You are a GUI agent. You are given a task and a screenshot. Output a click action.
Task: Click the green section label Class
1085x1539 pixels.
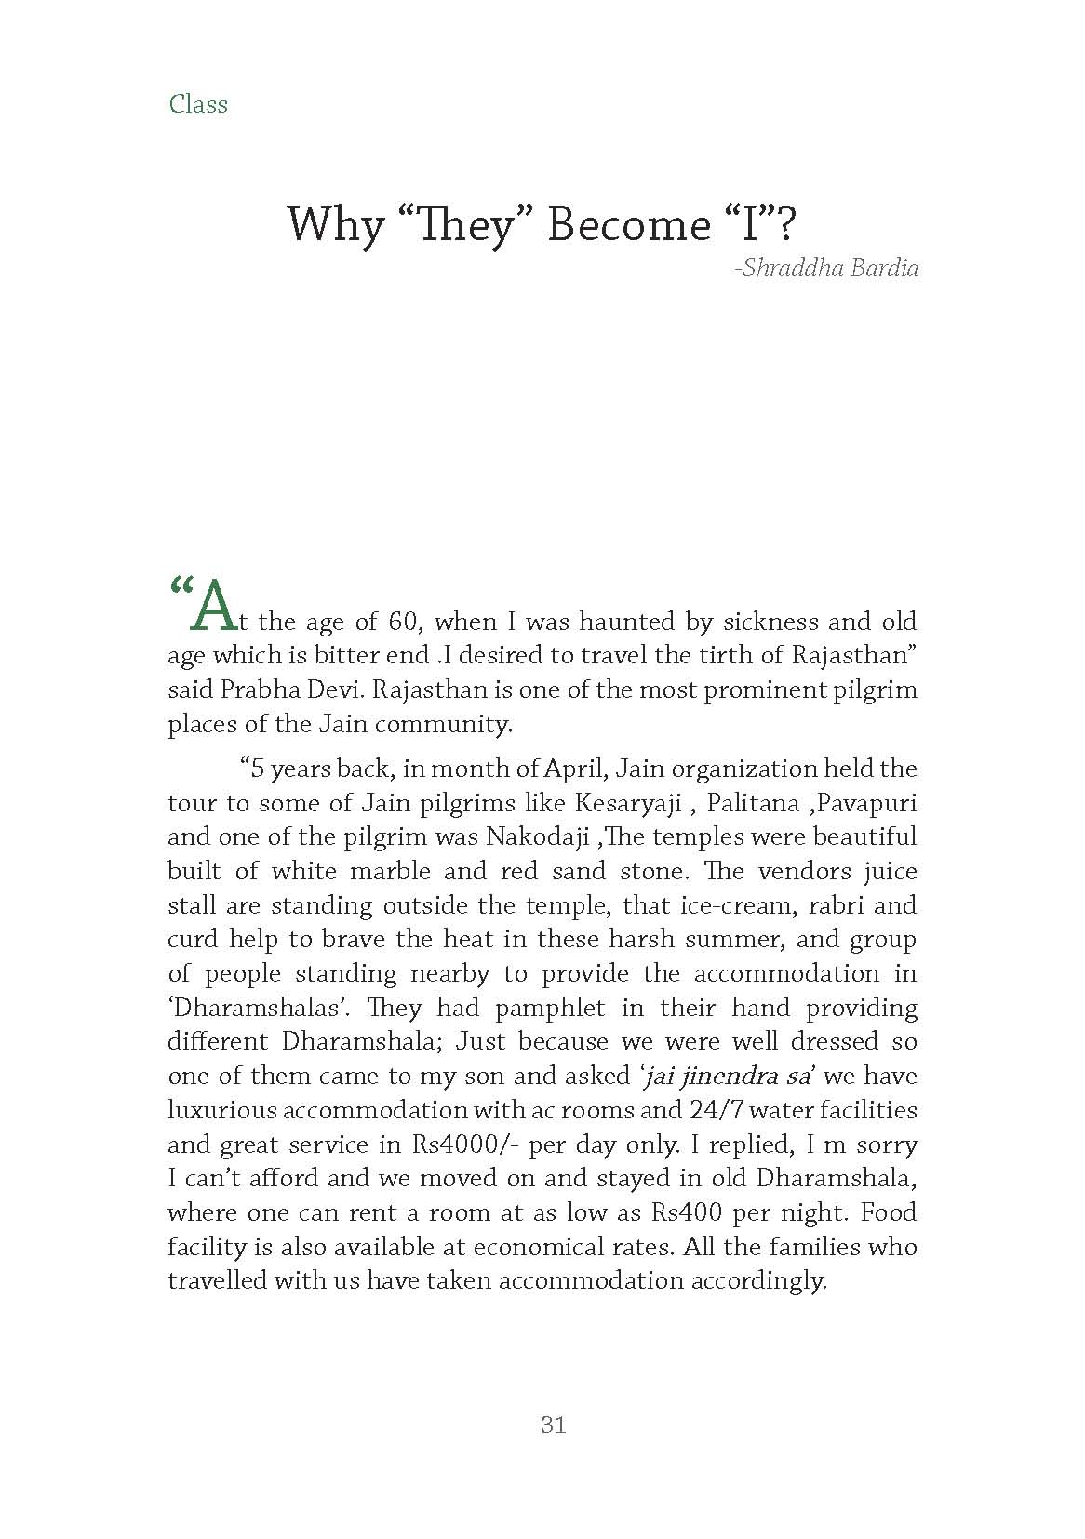[x=198, y=103]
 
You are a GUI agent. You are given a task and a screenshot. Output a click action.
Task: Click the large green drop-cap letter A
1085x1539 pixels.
[x=208, y=606]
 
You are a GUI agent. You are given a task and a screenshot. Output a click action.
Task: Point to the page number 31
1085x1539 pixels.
[x=553, y=1425]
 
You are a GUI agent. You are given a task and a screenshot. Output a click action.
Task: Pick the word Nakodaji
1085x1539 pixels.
[x=538, y=836]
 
